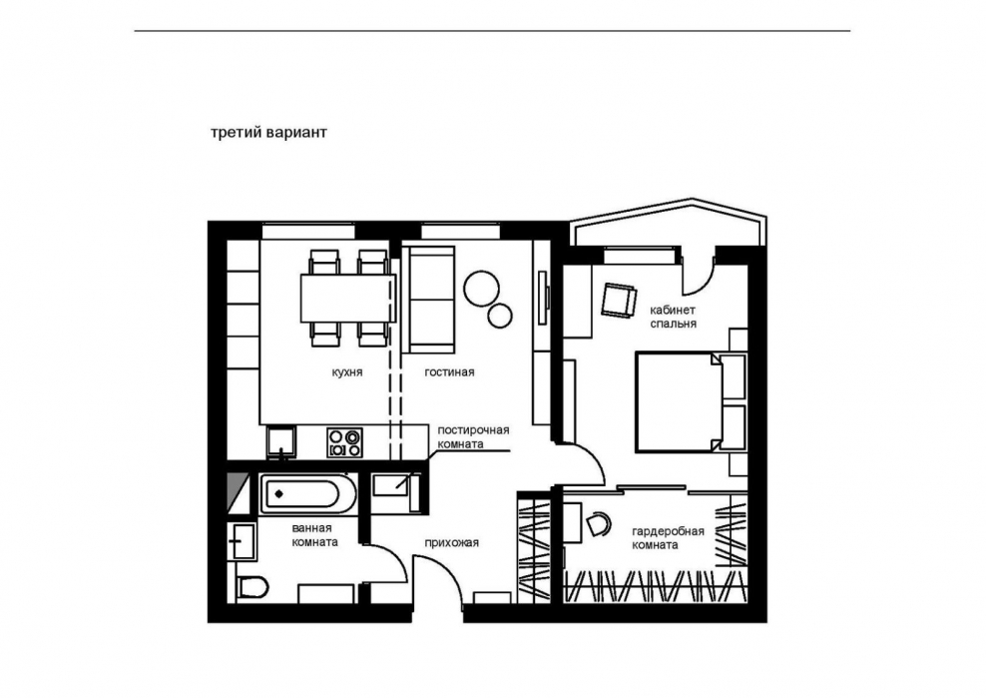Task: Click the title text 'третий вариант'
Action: [x=268, y=134]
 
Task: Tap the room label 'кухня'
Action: [x=347, y=372]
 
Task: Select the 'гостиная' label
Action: [x=449, y=372]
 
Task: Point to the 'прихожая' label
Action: [x=451, y=543]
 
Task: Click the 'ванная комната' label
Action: [x=315, y=535]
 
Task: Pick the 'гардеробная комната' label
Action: [x=668, y=538]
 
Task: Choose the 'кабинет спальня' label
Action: [x=673, y=317]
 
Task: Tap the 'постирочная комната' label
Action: [x=473, y=436]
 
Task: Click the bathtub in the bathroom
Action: [x=308, y=494]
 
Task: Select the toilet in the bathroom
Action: [x=252, y=588]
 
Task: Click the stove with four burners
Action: [x=344, y=442]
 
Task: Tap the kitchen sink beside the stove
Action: [x=280, y=442]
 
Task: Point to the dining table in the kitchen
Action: [x=347, y=299]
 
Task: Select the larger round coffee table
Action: [x=482, y=288]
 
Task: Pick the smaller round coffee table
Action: [x=500, y=316]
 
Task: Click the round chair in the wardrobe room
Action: [x=599, y=524]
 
